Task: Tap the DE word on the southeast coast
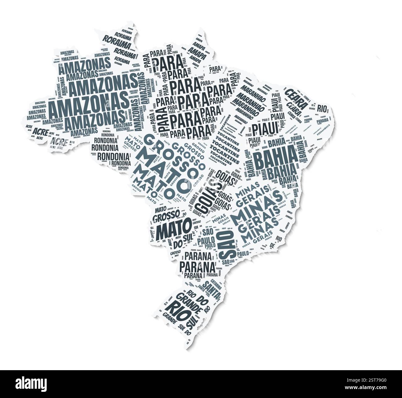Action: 272,245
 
